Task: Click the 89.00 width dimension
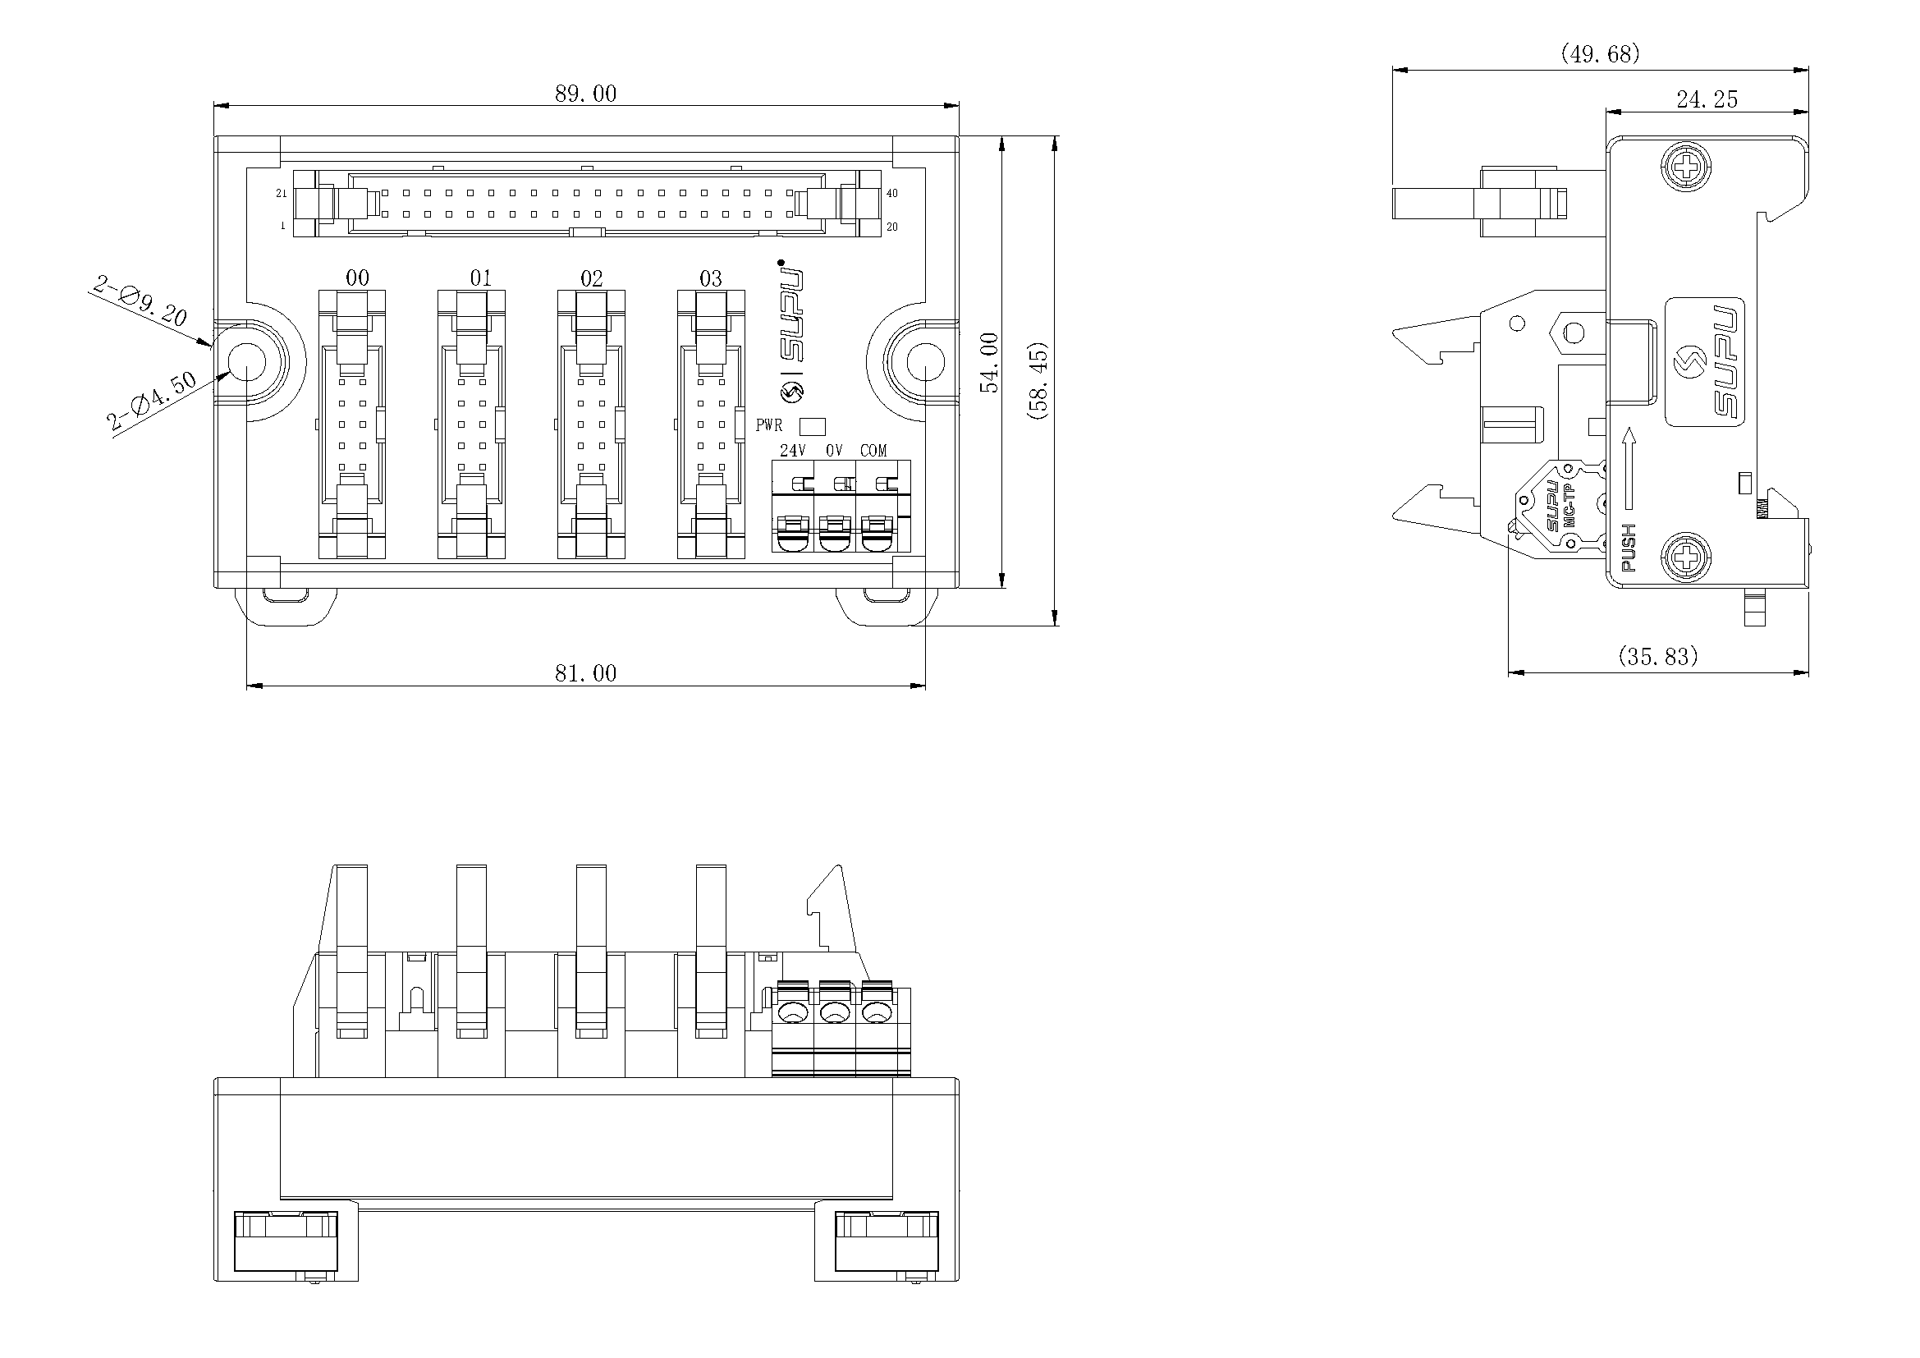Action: point(585,94)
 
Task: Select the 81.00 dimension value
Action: point(585,673)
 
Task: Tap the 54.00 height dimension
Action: point(990,362)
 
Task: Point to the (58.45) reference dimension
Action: point(1040,380)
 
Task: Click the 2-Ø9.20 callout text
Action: point(140,302)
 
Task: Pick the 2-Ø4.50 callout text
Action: point(152,401)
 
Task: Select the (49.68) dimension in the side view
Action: point(1601,54)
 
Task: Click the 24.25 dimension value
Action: point(1707,100)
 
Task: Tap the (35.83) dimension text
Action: point(1658,657)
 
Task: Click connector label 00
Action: point(357,278)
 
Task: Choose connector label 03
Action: point(711,278)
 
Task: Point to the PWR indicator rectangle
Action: point(813,426)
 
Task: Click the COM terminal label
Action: point(873,451)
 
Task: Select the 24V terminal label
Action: point(792,451)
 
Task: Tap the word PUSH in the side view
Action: point(1628,548)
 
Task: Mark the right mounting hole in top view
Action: point(925,362)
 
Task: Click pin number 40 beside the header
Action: point(892,193)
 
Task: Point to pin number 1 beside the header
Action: point(282,226)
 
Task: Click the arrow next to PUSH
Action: point(1628,468)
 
